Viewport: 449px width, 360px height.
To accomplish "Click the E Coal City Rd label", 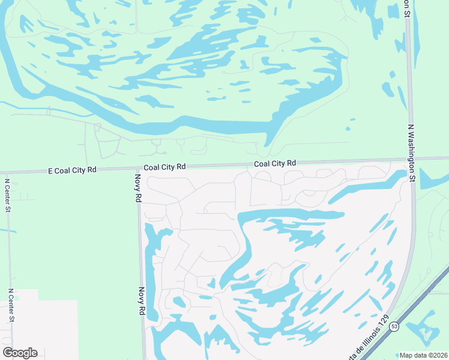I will click(x=72, y=170).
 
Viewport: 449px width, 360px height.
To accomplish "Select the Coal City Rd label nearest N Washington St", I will click(x=275, y=163).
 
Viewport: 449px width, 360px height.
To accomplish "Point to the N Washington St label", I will click(x=412, y=153).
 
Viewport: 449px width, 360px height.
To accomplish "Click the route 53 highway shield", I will click(x=394, y=326).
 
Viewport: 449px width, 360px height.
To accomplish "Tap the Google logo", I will click(x=20, y=353).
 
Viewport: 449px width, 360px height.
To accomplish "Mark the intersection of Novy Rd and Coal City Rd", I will click(x=138, y=169).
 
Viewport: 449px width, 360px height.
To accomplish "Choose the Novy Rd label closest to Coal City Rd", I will click(x=138, y=188).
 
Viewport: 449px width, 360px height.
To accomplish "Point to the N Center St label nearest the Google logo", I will click(x=10, y=305).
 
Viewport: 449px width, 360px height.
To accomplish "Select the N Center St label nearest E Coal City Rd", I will click(x=7, y=195).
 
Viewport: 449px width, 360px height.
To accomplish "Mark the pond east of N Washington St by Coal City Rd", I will click(x=432, y=180).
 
